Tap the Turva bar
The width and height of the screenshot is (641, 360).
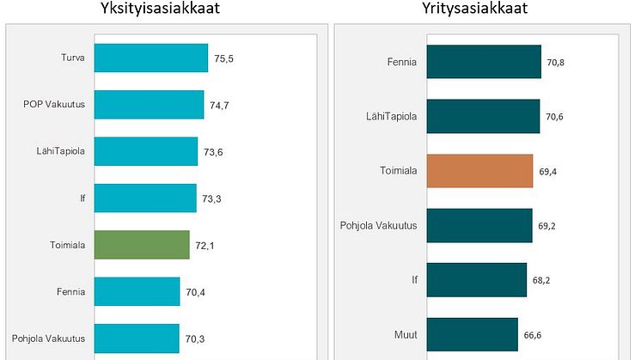(150, 58)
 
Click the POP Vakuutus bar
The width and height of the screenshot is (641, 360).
(149, 105)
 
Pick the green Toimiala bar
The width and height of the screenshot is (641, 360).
(141, 245)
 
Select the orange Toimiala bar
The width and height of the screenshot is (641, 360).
(479, 171)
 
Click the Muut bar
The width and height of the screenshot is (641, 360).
(472, 334)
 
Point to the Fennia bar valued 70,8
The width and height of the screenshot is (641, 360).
(484, 62)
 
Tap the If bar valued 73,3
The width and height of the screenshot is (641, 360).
(144, 198)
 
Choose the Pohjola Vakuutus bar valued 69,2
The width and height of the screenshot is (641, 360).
(479, 225)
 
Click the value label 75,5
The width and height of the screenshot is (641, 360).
(225, 59)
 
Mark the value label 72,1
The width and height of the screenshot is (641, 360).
(206, 246)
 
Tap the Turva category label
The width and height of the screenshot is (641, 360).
(73, 58)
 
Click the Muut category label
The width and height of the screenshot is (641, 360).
(405, 334)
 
